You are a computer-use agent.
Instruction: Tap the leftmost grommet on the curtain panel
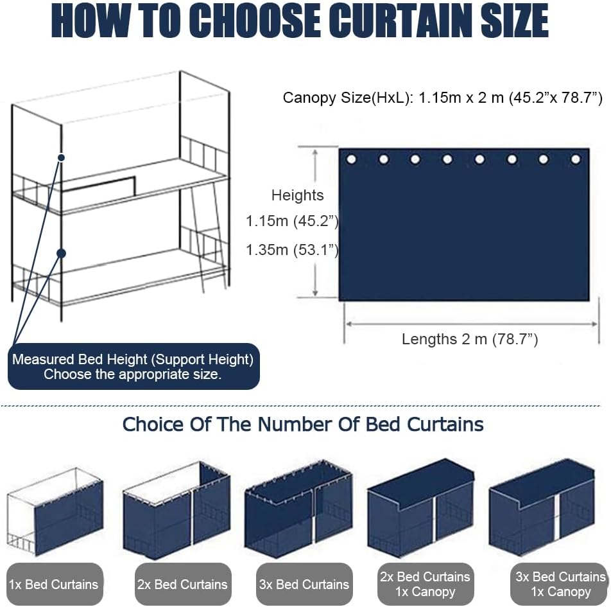click(x=351, y=159)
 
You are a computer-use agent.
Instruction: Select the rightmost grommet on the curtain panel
click(x=576, y=159)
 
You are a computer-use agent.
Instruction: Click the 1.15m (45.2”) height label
click(x=292, y=221)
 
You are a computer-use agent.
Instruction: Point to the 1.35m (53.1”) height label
click(x=292, y=250)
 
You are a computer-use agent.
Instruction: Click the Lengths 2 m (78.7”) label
click(x=470, y=339)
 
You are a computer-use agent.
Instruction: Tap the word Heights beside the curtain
click(x=297, y=195)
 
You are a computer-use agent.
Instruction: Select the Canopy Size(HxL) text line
click(x=443, y=98)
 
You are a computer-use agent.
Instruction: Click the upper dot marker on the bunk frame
click(x=61, y=157)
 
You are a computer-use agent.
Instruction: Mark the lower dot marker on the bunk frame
click(x=61, y=254)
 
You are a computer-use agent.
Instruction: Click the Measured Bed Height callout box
click(x=133, y=366)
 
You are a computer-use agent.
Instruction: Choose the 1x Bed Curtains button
click(x=55, y=584)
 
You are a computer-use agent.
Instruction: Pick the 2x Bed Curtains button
click(x=183, y=584)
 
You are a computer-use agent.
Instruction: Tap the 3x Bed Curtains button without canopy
click(x=304, y=584)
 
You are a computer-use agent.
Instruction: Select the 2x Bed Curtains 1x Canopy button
click(x=426, y=584)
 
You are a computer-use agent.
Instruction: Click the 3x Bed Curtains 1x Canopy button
click(x=560, y=584)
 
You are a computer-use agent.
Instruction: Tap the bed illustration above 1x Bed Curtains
click(x=55, y=511)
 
